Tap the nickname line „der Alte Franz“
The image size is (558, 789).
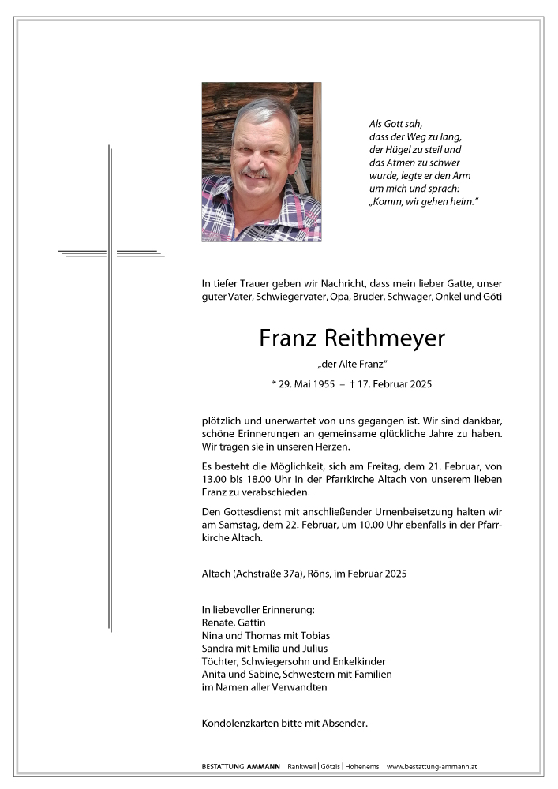tap(352, 364)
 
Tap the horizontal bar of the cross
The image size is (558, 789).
tap(111, 253)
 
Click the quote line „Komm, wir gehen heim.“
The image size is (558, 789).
tap(424, 203)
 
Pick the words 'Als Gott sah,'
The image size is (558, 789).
tap(396, 123)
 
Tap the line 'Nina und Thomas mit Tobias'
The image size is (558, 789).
tap(266, 635)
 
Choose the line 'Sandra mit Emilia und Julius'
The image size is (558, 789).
tap(264, 649)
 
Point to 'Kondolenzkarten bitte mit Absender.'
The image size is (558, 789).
tap(285, 723)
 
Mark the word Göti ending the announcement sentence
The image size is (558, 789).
tap(492, 297)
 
